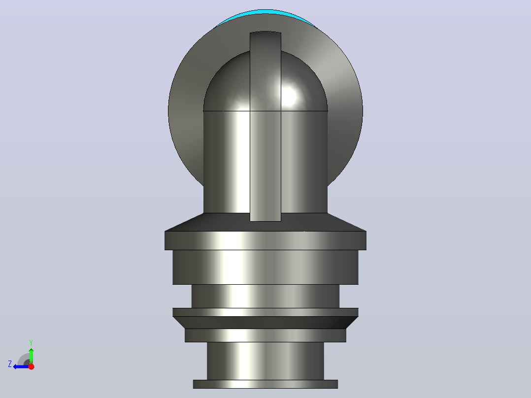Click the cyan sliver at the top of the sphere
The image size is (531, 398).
point(266,12)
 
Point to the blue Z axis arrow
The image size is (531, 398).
point(21,366)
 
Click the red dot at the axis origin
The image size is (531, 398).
point(31,366)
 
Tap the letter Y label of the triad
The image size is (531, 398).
point(31,343)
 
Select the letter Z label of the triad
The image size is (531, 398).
point(10,364)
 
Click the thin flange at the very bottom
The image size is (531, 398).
point(265,384)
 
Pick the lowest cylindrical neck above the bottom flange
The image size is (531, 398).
point(265,361)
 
